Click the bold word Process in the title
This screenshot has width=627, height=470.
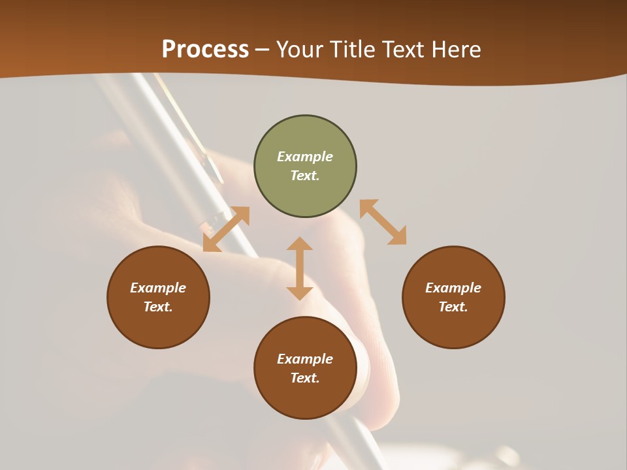pyautogui.click(x=205, y=50)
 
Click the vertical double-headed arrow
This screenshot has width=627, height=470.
pyautogui.click(x=300, y=268)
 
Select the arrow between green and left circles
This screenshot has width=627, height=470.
pyautogui.click(x=226, y=229)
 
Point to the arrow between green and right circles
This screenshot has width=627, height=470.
pyautogui.click(x=383, y=222)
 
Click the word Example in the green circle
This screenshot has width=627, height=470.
pyautogui.click(x=305, y=157)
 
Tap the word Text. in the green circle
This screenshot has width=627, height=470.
pyautogui.click(x=305, y=176)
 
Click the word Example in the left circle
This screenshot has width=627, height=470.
pyautogui.click(x=158, y=288)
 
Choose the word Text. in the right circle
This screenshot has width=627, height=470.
pyautogui.click(x=453, y=307)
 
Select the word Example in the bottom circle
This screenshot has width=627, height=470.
pyautogui.click(x=305, y=359)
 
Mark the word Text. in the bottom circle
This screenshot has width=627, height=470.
pyautogui.click(x=305, y=378)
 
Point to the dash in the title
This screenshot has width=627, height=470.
pyautogui.click(x=262, y=50)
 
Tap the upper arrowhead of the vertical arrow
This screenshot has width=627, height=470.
pyautogui.click(x=300, y=244)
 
